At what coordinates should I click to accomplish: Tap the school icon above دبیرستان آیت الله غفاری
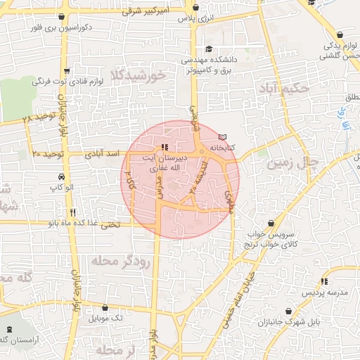coord(164,148)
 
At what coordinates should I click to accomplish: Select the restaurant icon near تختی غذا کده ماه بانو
coord(72,212)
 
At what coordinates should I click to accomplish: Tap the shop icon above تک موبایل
coord(105,307)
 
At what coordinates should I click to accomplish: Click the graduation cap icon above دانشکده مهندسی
coord(208,49)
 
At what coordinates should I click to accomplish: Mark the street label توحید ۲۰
coord(48,153)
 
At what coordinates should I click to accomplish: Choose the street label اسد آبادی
coord(101,153)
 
